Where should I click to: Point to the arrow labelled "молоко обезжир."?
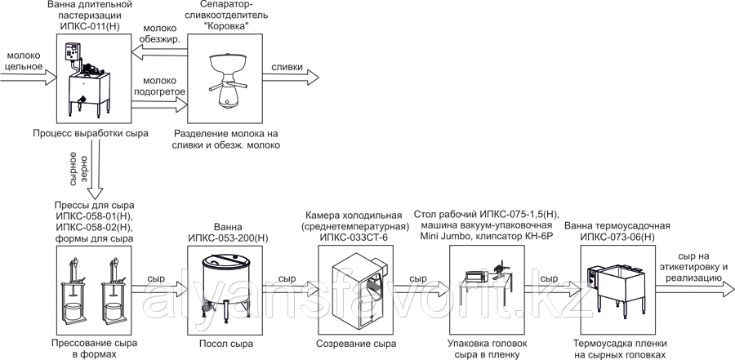(x=159, y=51)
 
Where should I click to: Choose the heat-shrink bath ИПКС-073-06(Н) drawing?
(x=617, y=285)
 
